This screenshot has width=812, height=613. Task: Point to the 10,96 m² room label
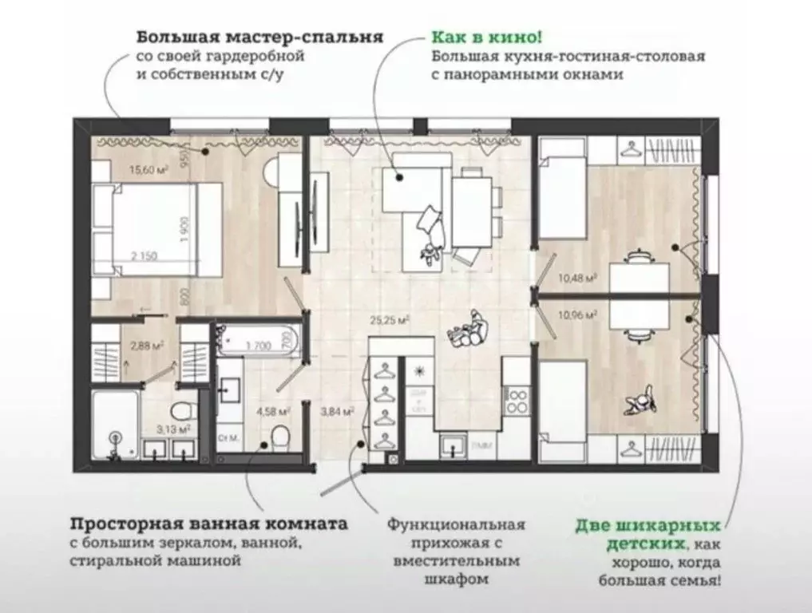click(x=580, y=314)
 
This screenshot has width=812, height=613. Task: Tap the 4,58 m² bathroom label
click(x=272, y=412)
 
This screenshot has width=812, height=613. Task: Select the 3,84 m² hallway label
click(x=336, y=412)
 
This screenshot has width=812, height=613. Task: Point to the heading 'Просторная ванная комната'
click(x=209, y=524)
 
